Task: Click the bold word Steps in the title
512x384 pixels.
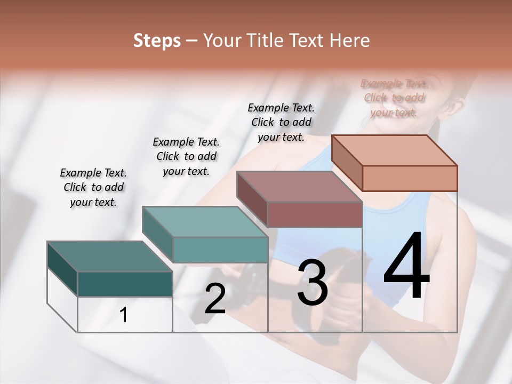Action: (157, 41)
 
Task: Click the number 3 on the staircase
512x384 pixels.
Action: (313, 283)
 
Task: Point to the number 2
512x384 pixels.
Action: (215, 299)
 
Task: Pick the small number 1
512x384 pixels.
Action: (124, 315)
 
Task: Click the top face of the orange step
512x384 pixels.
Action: (395, 150)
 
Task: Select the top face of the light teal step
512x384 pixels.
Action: (205, 222)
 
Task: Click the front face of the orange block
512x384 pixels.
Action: (410, 178)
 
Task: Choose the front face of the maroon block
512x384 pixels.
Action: (315, 214)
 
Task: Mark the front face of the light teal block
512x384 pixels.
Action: (220, 250)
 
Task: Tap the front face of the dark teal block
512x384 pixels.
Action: (125, 284)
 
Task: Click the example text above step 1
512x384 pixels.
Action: (93, 187)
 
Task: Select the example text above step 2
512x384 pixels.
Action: (186, 156)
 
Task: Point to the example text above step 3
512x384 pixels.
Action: (281, 122)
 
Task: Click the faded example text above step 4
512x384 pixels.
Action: (394, 98)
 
